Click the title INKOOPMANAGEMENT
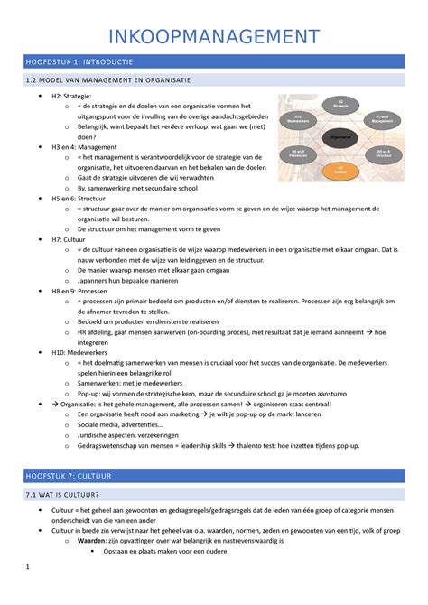(x=214, y=37)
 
